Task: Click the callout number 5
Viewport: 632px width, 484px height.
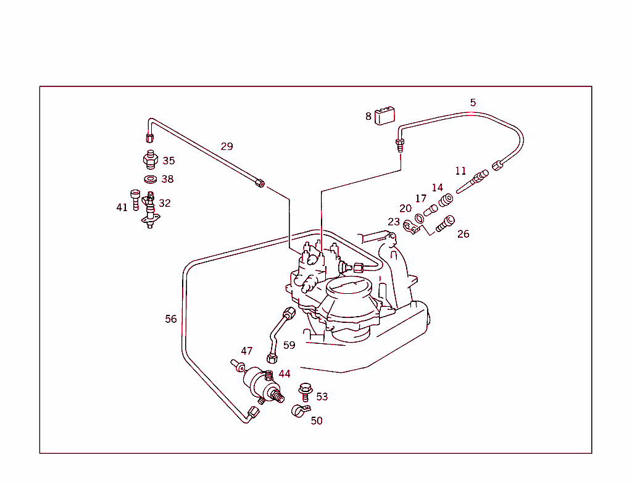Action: pos(473,102)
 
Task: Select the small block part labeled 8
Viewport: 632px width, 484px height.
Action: pos(386,115)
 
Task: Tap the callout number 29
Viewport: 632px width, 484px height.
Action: pos(227,146)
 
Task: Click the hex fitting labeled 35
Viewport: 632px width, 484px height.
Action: pos(149,159)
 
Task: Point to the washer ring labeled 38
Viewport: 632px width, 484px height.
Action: pos(150,180)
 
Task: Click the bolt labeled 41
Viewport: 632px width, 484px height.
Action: pos(136,199)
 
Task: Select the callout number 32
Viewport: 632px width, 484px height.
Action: pos(165,203)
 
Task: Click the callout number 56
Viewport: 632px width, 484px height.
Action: pos(171,319)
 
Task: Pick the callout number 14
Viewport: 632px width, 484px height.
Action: pos(437,188)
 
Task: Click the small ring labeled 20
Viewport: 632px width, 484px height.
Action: pos(419,217)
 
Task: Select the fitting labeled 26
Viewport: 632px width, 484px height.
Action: pos(444,223)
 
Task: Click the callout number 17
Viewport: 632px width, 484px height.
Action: pos(420,199)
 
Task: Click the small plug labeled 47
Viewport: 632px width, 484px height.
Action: pos(238,366)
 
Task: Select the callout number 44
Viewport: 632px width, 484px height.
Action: pos(284,374)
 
